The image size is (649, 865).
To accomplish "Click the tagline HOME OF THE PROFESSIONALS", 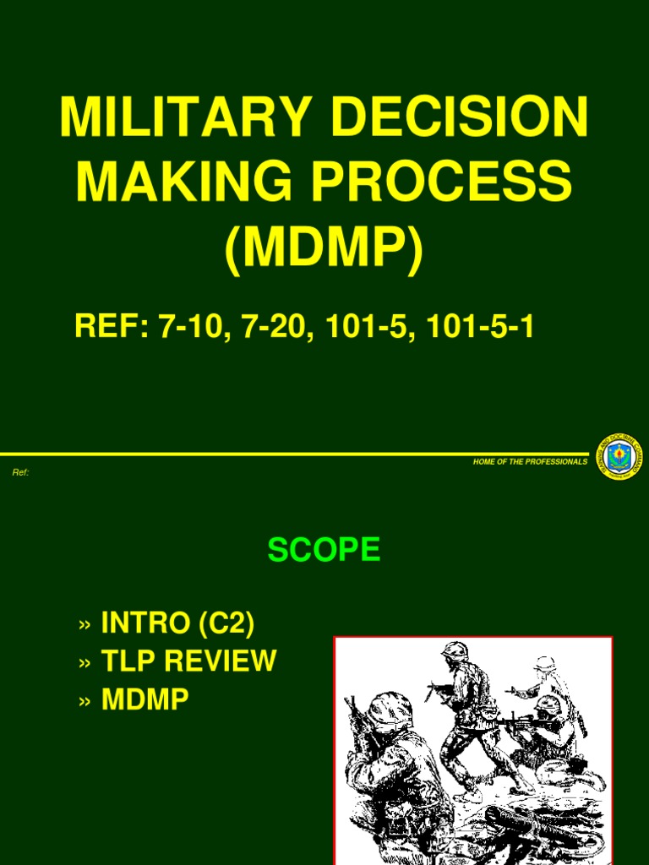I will (530, 461).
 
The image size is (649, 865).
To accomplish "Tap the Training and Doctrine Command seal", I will (616, 456).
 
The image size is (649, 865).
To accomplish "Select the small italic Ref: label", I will (21, 472).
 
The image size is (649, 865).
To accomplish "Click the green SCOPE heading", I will (324, 551).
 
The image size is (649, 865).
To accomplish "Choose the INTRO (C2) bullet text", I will (177, 623).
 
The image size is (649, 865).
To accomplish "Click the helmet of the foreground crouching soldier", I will (390, 708).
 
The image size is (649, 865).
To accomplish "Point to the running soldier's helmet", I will (455, 651).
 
